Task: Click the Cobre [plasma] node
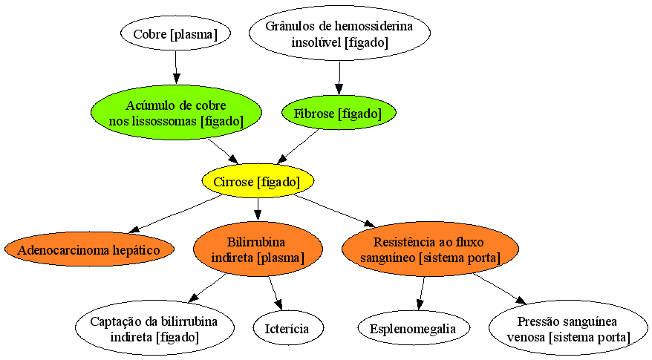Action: [175, 33]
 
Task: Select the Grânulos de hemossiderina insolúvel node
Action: [339, 33]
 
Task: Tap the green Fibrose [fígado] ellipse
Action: [339, 113]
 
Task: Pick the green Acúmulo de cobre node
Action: [176, 113]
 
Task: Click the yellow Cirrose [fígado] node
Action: [258, 181]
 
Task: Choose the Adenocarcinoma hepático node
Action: [89, 249]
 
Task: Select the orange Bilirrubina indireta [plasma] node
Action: [258, 249]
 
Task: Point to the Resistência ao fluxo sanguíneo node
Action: [430, 249]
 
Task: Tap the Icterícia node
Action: [287, 327]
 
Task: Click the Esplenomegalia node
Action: [414, 327]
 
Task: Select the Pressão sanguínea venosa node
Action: [568, 328]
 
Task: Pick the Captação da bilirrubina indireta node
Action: [154, 328]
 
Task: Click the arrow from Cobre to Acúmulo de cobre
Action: [176, 67]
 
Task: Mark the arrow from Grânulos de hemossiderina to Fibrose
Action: [339, 78]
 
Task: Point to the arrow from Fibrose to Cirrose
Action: [298, 146]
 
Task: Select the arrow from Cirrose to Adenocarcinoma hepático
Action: [175, 213]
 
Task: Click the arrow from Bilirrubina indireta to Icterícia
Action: [276, 293]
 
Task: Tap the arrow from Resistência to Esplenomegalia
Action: [422, 293]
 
